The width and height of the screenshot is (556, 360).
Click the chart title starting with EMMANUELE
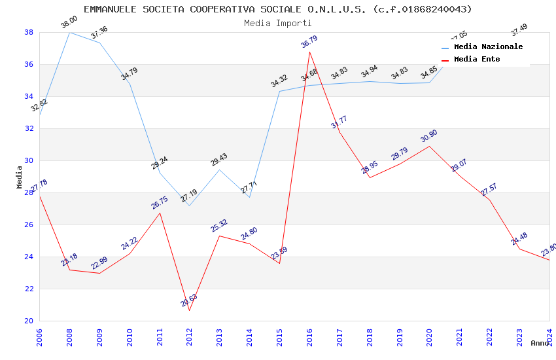[277, 9]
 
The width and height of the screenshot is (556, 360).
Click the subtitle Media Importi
[269, 23]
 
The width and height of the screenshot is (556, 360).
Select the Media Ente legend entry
[477, 59]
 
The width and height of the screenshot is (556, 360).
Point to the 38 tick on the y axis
[29, 32]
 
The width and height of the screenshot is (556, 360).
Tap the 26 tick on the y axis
[29, 225]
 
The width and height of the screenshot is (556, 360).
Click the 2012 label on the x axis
[190, 336]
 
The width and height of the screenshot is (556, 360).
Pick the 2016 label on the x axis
[309, 336]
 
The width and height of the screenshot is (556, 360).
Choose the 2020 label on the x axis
[429, 336]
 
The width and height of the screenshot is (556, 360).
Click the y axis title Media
[20, 177]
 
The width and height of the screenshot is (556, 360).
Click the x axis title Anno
[540, 343]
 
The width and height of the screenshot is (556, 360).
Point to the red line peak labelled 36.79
[309, 52]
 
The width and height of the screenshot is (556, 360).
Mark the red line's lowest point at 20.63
[190, 310]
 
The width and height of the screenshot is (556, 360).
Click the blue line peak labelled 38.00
[69, 32]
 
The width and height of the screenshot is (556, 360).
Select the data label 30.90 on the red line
[429, 136]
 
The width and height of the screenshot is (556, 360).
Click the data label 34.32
[279, 81]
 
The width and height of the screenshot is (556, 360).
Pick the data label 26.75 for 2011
[160, 202]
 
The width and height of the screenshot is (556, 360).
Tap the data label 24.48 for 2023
[519, 239]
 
